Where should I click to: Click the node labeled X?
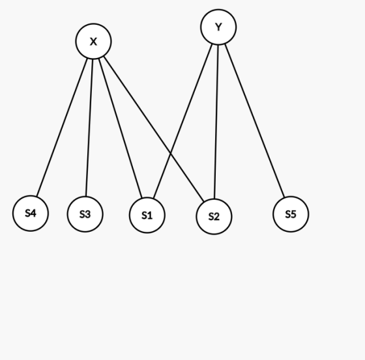click(93, 41)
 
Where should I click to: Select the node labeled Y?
click(218, 27)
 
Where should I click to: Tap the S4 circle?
click(31, 214)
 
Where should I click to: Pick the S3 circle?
click(85, 214)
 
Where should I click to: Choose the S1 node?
click(147, 215)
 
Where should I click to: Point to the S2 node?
click(214, 217)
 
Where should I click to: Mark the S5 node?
click(291, 214)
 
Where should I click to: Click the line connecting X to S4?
click(62, 127)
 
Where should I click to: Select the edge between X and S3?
click(89, 128)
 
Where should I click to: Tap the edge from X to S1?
click(121, 128)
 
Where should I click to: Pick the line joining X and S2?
click(154, 129)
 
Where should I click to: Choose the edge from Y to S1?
click(182, 121)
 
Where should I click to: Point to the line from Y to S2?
click(216, 122)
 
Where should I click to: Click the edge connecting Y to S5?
click(254, 120)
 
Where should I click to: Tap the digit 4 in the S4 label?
click(33, 213)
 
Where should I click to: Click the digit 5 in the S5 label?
click(293, 214)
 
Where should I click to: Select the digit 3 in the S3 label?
click(88, 214)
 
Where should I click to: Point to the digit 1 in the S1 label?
click(150, 215)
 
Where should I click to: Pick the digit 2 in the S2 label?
click(216, 217)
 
